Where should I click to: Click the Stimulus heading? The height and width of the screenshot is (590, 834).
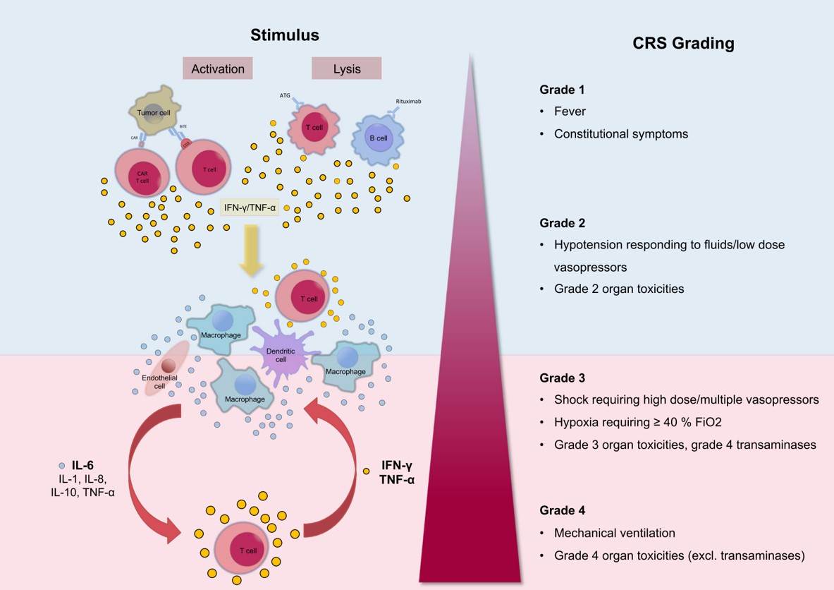285,35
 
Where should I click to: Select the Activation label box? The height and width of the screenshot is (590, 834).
217,68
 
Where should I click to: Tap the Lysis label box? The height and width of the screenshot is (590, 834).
346,68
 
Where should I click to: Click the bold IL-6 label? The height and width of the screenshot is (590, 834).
82,466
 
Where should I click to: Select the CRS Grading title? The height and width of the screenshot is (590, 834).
683,44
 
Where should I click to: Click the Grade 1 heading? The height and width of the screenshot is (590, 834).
562,90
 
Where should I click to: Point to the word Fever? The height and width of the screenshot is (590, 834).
570,112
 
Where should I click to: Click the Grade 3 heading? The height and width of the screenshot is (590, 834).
562,378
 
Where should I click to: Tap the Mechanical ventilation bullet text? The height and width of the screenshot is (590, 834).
614,533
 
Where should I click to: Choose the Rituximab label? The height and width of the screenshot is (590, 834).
408,101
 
